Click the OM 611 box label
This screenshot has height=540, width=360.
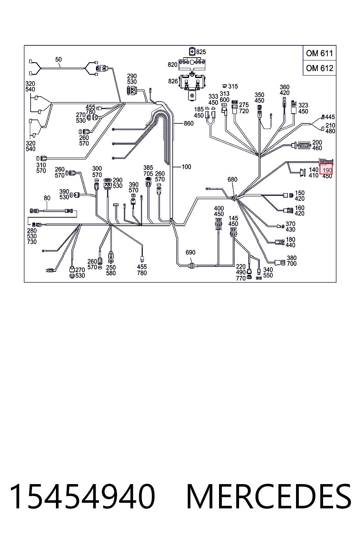[x=319, y=53]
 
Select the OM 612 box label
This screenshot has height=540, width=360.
[x=320, y=68]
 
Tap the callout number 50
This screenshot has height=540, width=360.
[x=58, y=59]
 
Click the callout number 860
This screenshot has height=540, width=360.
[x=188, y=123]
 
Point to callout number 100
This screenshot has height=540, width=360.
[x=186, y=167]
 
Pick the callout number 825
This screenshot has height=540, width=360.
[x=201, y=52]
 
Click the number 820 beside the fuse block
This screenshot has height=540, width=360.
[x=172, y=65]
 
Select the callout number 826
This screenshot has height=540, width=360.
[x=173, y=81]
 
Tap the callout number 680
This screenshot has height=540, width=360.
[x=232, y=179]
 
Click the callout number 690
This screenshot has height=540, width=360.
[x=190, y=252]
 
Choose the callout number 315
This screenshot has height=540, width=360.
[x=233, y=86]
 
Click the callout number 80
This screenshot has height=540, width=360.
[x=47, y=198]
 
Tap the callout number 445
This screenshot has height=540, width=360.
[x=330, y=117]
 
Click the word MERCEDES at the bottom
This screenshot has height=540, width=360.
[x=269, y=497]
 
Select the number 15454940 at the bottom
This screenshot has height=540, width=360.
[x=82, y=497]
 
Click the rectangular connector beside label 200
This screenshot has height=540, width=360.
[x=304, y=145]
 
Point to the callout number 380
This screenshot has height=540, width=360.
[x=291, y=258]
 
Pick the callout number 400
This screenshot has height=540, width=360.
[x=219, y=208]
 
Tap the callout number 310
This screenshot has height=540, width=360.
[x=41, y=165]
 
